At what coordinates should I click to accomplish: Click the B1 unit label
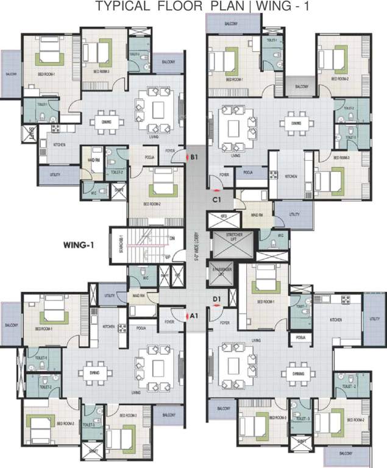click(x=194, y=157)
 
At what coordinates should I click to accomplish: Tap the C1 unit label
click(x=216, y=199)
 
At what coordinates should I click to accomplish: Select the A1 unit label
click(x=194, y=316)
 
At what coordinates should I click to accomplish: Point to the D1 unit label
click(x=216, y=298)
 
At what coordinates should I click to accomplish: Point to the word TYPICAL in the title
click(x=119, y=7)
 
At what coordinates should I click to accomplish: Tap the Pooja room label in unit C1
click(x=248, y=172)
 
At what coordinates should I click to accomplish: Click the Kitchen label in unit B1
click(x=59, y=144)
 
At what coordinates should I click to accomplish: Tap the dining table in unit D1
click(x=297, y=373)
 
